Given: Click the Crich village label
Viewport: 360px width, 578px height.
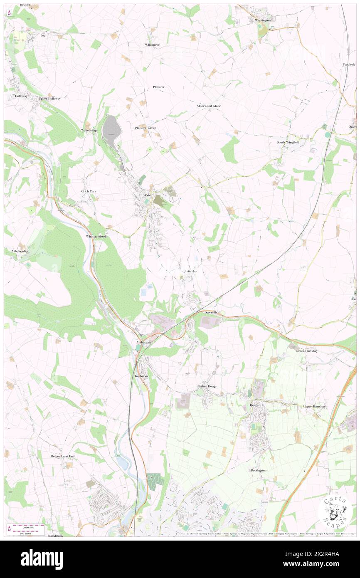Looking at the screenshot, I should [149, 195].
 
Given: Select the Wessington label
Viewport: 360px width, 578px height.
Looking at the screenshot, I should [262, 20].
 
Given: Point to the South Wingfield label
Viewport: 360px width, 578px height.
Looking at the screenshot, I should [288, 142].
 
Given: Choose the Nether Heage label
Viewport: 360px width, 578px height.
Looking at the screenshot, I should [207, 386].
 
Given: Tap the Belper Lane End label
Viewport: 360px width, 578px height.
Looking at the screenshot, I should [62, 456].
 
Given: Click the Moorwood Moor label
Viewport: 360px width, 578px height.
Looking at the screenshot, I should [209, 106].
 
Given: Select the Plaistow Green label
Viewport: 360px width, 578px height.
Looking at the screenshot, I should [145, 128].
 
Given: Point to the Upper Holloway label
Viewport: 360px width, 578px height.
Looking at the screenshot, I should [49, 99].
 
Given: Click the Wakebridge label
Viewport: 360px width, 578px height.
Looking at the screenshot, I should [89, 131].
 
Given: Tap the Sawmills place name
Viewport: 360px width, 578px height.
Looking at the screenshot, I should [212, 312].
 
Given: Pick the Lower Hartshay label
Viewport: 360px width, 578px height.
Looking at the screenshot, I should [306, 351].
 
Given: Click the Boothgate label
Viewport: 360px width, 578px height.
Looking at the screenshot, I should [257, 470].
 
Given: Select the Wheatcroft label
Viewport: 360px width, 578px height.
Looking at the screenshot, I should [153, 44].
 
